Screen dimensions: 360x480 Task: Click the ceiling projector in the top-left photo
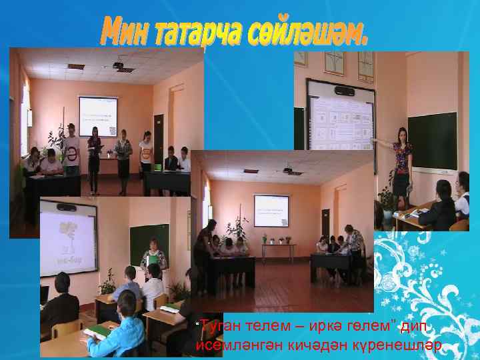[119, 65]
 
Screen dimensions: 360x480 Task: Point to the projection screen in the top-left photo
[98, 117]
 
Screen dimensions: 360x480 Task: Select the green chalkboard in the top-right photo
[433, 139]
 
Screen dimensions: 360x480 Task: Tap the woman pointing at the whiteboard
[401, 163]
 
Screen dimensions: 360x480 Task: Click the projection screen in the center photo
[271, 211]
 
